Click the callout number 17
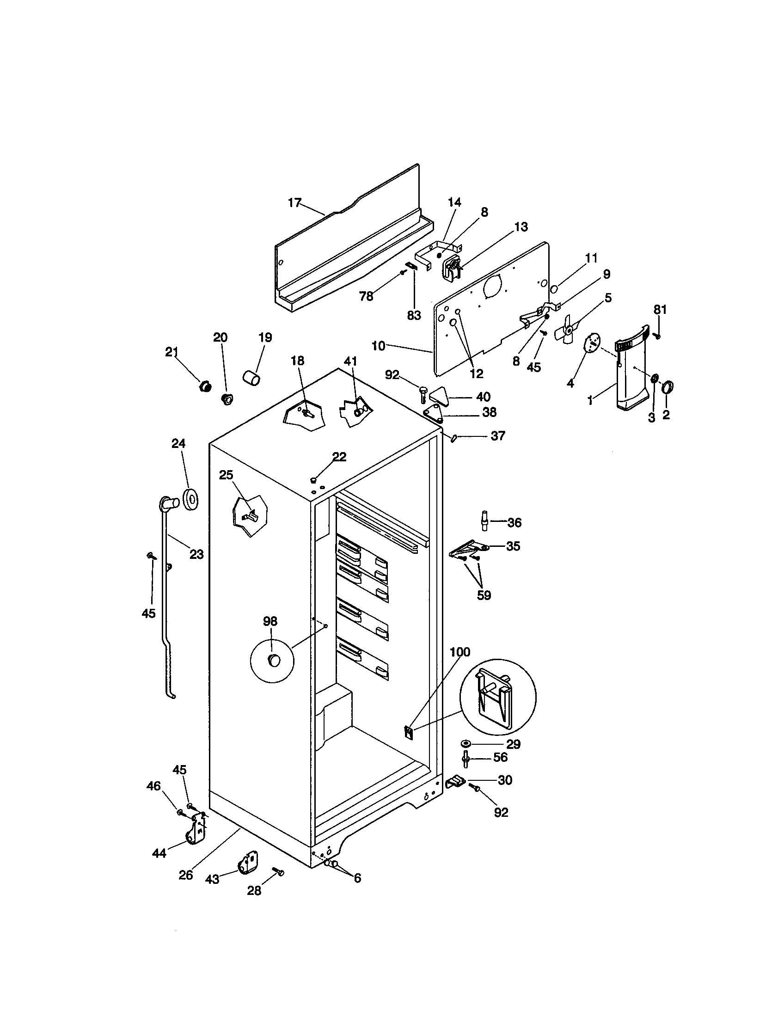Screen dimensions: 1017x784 tap(294, 203)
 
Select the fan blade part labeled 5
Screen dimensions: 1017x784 tap(569, 329)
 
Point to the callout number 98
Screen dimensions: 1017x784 tap(270, 621)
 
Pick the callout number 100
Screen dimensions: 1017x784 tap(460, 652)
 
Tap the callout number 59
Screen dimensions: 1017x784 tap(484, 595)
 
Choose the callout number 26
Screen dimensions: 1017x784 tap(186, 875)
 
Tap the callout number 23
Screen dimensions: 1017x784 tap(196, 554)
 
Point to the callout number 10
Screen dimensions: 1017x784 tap(379, 346)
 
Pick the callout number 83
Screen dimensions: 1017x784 tap(413, 315)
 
